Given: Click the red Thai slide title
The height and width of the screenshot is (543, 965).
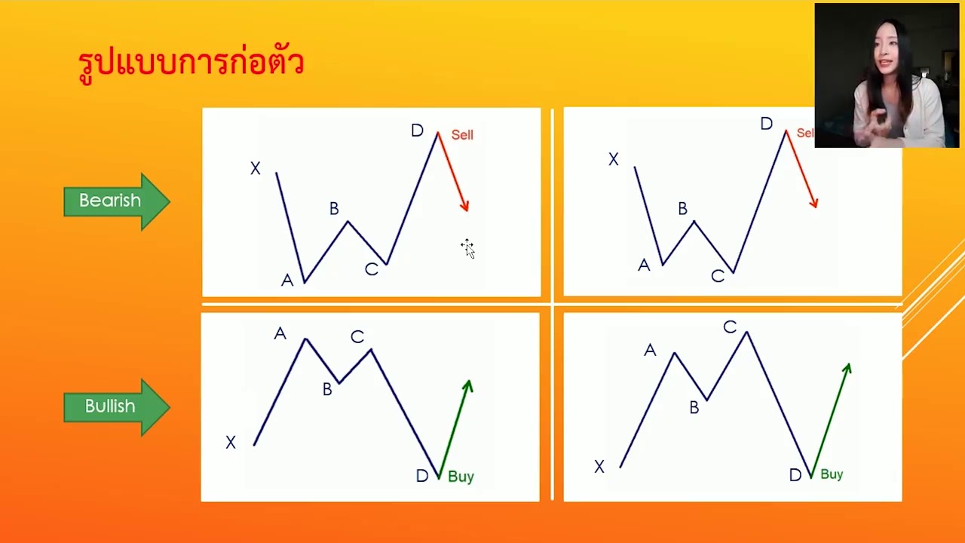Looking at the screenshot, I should (191, 63).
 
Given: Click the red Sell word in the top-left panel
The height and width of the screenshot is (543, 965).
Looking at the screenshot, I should (462, 135).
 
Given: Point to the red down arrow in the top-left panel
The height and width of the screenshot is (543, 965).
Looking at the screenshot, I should (453, 172).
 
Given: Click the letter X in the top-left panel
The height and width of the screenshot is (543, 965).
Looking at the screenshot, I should (256, 169).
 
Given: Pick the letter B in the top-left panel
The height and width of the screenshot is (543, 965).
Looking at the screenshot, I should (334, 209).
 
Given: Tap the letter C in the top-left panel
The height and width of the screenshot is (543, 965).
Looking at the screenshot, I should (371, 269).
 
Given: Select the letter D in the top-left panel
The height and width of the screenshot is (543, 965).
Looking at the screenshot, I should (417, 131).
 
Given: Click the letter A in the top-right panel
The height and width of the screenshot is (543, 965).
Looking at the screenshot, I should (643, 265).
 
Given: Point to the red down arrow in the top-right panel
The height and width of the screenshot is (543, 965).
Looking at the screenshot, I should (801, 169).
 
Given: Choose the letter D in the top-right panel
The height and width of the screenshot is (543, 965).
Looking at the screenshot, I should (766, 124).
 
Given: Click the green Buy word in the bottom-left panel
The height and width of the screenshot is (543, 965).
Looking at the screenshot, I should (461, 477).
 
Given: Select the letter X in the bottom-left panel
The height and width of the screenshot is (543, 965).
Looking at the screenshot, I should (231, 443).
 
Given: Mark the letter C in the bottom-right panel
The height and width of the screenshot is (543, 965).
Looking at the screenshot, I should (729, 327).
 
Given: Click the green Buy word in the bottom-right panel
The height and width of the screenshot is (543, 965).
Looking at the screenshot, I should (832, 474).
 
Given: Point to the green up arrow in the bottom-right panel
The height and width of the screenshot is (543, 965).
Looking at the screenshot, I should (831, 419).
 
